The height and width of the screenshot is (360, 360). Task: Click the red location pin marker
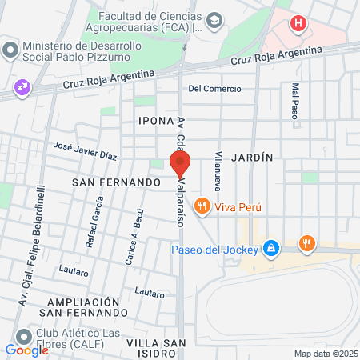179,164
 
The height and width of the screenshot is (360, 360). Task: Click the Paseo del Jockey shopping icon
272,248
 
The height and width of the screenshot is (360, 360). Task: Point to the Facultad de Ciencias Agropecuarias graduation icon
214,18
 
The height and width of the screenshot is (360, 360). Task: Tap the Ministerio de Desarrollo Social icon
10,50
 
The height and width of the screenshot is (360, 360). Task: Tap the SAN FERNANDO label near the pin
117,182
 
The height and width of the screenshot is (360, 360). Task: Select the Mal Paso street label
295,101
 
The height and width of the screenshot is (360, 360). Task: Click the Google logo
26,350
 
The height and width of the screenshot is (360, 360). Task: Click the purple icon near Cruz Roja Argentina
22,87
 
